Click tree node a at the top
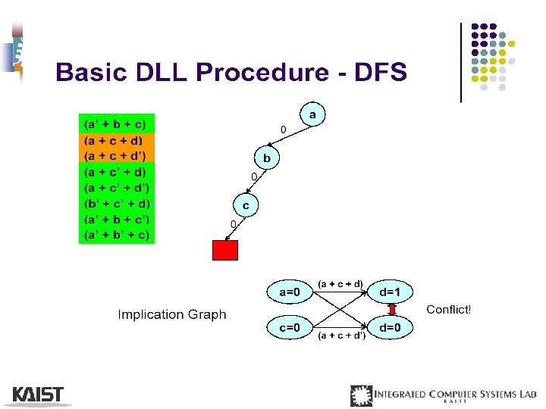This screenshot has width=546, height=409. [312, 114]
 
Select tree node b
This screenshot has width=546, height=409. [267, 158]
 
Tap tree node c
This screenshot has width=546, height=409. [246, 204]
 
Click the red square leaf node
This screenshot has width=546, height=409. [225, 250]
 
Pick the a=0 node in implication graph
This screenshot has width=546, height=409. [290, 291]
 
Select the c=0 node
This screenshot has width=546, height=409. [290, 327]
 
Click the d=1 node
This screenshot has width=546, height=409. [395, 291]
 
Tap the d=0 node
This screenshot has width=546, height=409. [395, 327]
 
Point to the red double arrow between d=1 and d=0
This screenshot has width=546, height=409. [393, 309]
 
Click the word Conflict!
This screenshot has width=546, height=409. [449, 309]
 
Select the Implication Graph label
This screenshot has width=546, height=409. [172, 314]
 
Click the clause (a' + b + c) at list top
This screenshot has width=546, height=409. [116, 123]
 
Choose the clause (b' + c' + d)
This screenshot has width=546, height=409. [117, 204]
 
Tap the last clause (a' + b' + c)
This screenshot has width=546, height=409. [117, 235]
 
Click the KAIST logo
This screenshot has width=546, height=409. [38, 395]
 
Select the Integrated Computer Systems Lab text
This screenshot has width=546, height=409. [454, 394]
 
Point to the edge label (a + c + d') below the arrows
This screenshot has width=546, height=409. [341, 335]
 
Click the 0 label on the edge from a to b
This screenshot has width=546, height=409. [284, 130]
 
